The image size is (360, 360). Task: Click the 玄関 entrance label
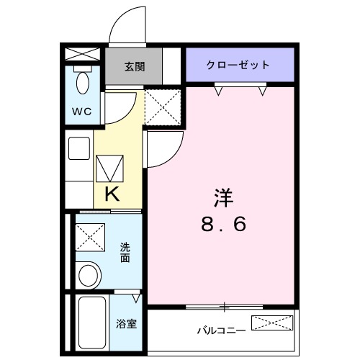click(x=135, y=67)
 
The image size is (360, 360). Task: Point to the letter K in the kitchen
click(x=112, y=193)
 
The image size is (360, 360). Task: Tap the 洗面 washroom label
click(x=125, y=251)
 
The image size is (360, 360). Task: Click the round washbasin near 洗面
click(x=89, y=275)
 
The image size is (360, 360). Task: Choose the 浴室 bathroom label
click(x=126, y=323)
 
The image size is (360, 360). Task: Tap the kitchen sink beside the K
click(x=78, y=149)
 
